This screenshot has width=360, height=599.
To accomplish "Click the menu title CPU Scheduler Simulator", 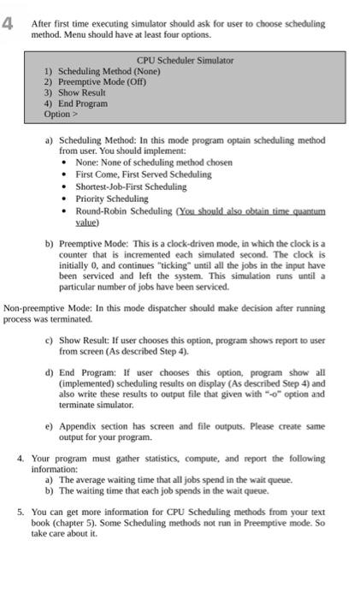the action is point(185,61).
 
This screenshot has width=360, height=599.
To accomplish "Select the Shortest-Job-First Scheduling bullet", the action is point(131,187).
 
